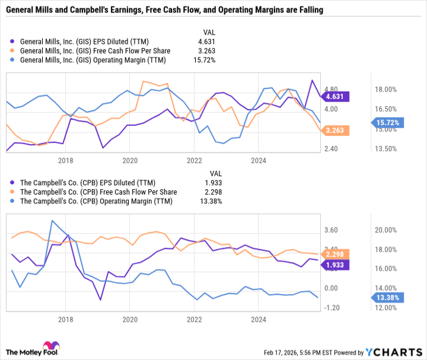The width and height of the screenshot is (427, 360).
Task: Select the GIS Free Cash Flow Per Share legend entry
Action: pyautogui.click(x=95, y=50)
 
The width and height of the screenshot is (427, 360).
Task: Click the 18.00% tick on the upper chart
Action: pyautogui.click(x=386, y=89)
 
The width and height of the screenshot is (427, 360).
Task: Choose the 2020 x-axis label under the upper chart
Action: pyautogui.click(x=130, y=160)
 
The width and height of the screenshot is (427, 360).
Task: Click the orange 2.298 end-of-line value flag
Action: pyautogui.click(x=337, y=254)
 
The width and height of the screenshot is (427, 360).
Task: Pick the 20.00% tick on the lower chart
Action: pyautogui.click(x=386, y=230)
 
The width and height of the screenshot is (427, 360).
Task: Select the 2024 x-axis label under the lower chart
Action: pyautogui.click(x=259, y=319)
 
